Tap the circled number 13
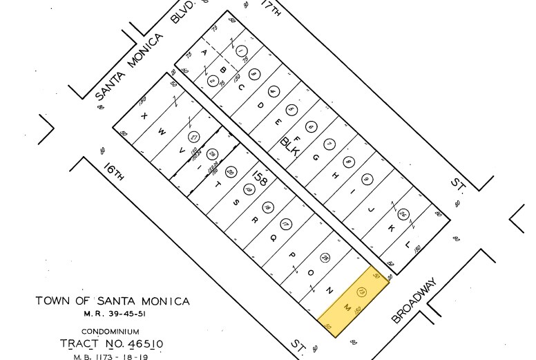[361, 294]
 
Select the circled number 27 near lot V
[194, 136]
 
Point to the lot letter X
[144, 116]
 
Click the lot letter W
[162, 131]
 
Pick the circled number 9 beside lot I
[367, 180]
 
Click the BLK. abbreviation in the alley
[289, 147]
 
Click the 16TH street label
[114, 173]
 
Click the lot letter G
[316, 158]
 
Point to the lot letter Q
[273, 238]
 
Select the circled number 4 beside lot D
[273, 91]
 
